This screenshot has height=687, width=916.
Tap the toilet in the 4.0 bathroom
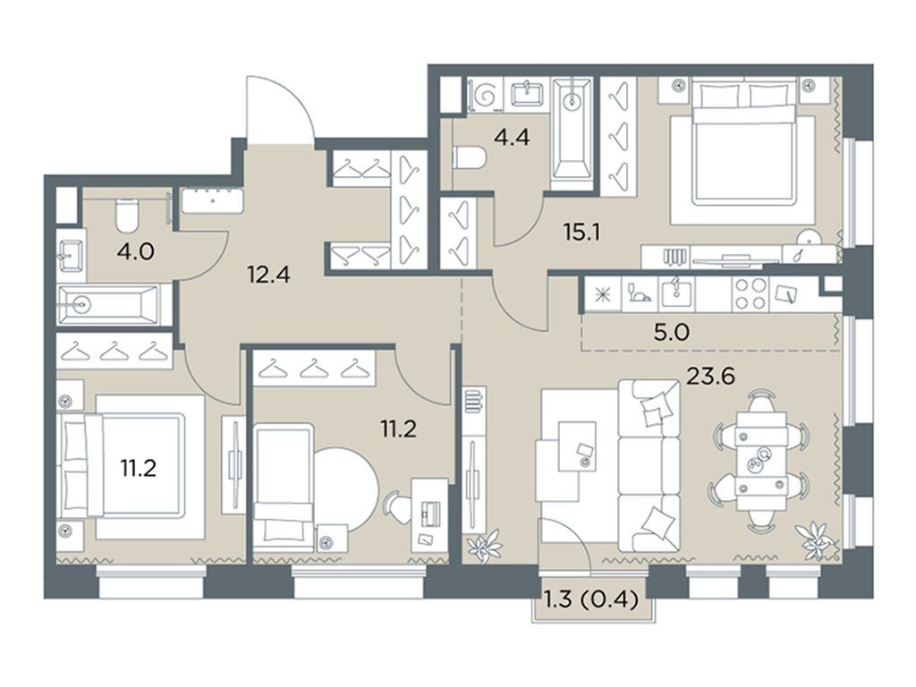point(127,214)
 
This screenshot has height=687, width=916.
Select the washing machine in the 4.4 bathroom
point(488,94)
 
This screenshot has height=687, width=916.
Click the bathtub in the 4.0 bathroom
point(107,304)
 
